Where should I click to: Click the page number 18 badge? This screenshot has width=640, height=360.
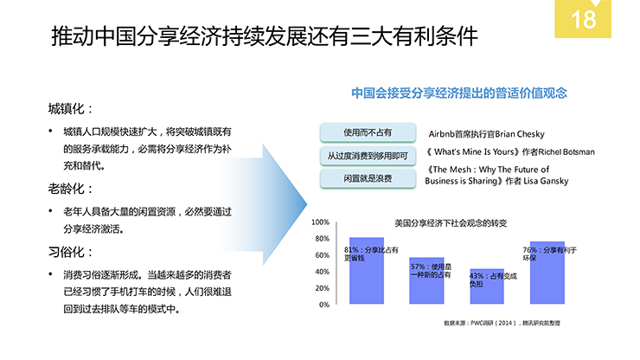[x=582, y=19]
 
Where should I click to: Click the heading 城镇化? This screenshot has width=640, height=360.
[x=66, y=109]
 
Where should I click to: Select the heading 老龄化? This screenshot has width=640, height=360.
[x=66, y=189]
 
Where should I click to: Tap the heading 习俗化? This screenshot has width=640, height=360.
[x=66, y=252]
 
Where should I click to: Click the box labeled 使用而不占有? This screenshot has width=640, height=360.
[x=368, y=132]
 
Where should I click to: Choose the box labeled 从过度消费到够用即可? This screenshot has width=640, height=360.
[x=368, y=156]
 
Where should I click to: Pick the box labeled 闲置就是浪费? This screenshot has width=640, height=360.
[x=368, y=178]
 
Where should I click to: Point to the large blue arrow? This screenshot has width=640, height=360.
[x=266, y=204]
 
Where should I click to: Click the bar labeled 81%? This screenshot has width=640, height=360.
[x=367, y=271]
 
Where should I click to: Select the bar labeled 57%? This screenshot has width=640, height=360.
[x=426, y=280]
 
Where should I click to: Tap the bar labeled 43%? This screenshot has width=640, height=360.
[x=487, y=286]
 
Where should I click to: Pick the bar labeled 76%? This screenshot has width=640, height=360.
[x=547, y=273]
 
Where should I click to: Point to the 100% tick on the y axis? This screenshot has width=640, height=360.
[x=320, y=222]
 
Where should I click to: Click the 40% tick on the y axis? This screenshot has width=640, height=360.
[x=322, y=272]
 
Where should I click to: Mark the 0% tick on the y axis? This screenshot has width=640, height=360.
[x=324, y=305]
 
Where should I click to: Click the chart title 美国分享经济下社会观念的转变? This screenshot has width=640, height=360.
[x=451, y=223]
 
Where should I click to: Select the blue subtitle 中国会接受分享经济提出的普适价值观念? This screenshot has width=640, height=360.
[x=459, y=93]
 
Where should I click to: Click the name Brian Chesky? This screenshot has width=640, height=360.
[x=520, y=134]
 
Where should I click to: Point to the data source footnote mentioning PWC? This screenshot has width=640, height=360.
[x=502, y=324]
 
